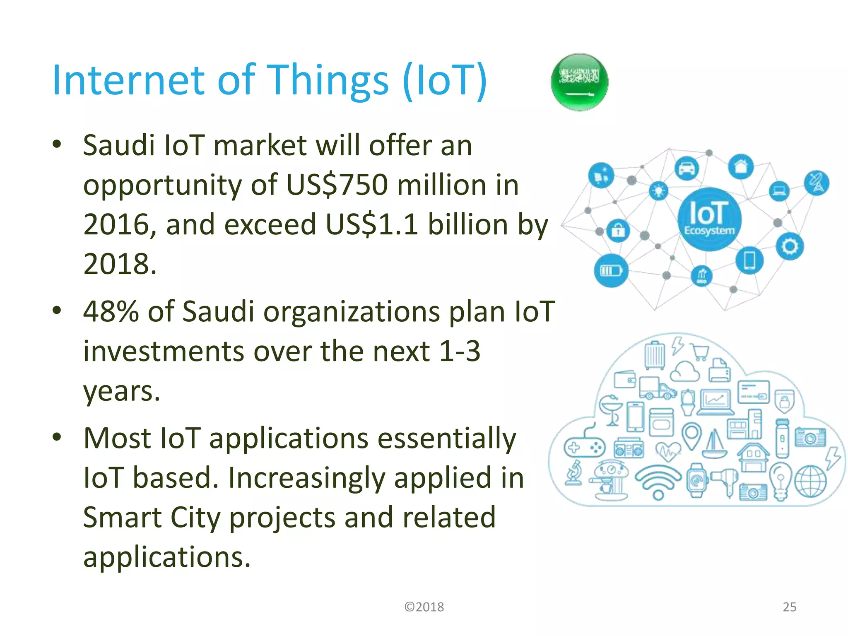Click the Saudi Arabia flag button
[x=580, y=82]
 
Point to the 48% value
[x=111, y=311]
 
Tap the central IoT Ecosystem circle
[x=709, y=219]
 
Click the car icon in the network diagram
[x=687, y=169]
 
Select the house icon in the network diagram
[x=741, y=166]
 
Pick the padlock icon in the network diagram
[x=618, y=230]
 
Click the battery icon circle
[x=611, y=271]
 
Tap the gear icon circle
[x=790, y=247]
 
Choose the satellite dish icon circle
[x=817, y=183]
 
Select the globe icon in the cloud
[x=810, y=482]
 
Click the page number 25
[x=789, y=607]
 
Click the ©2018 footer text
[x=424, y=607]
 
